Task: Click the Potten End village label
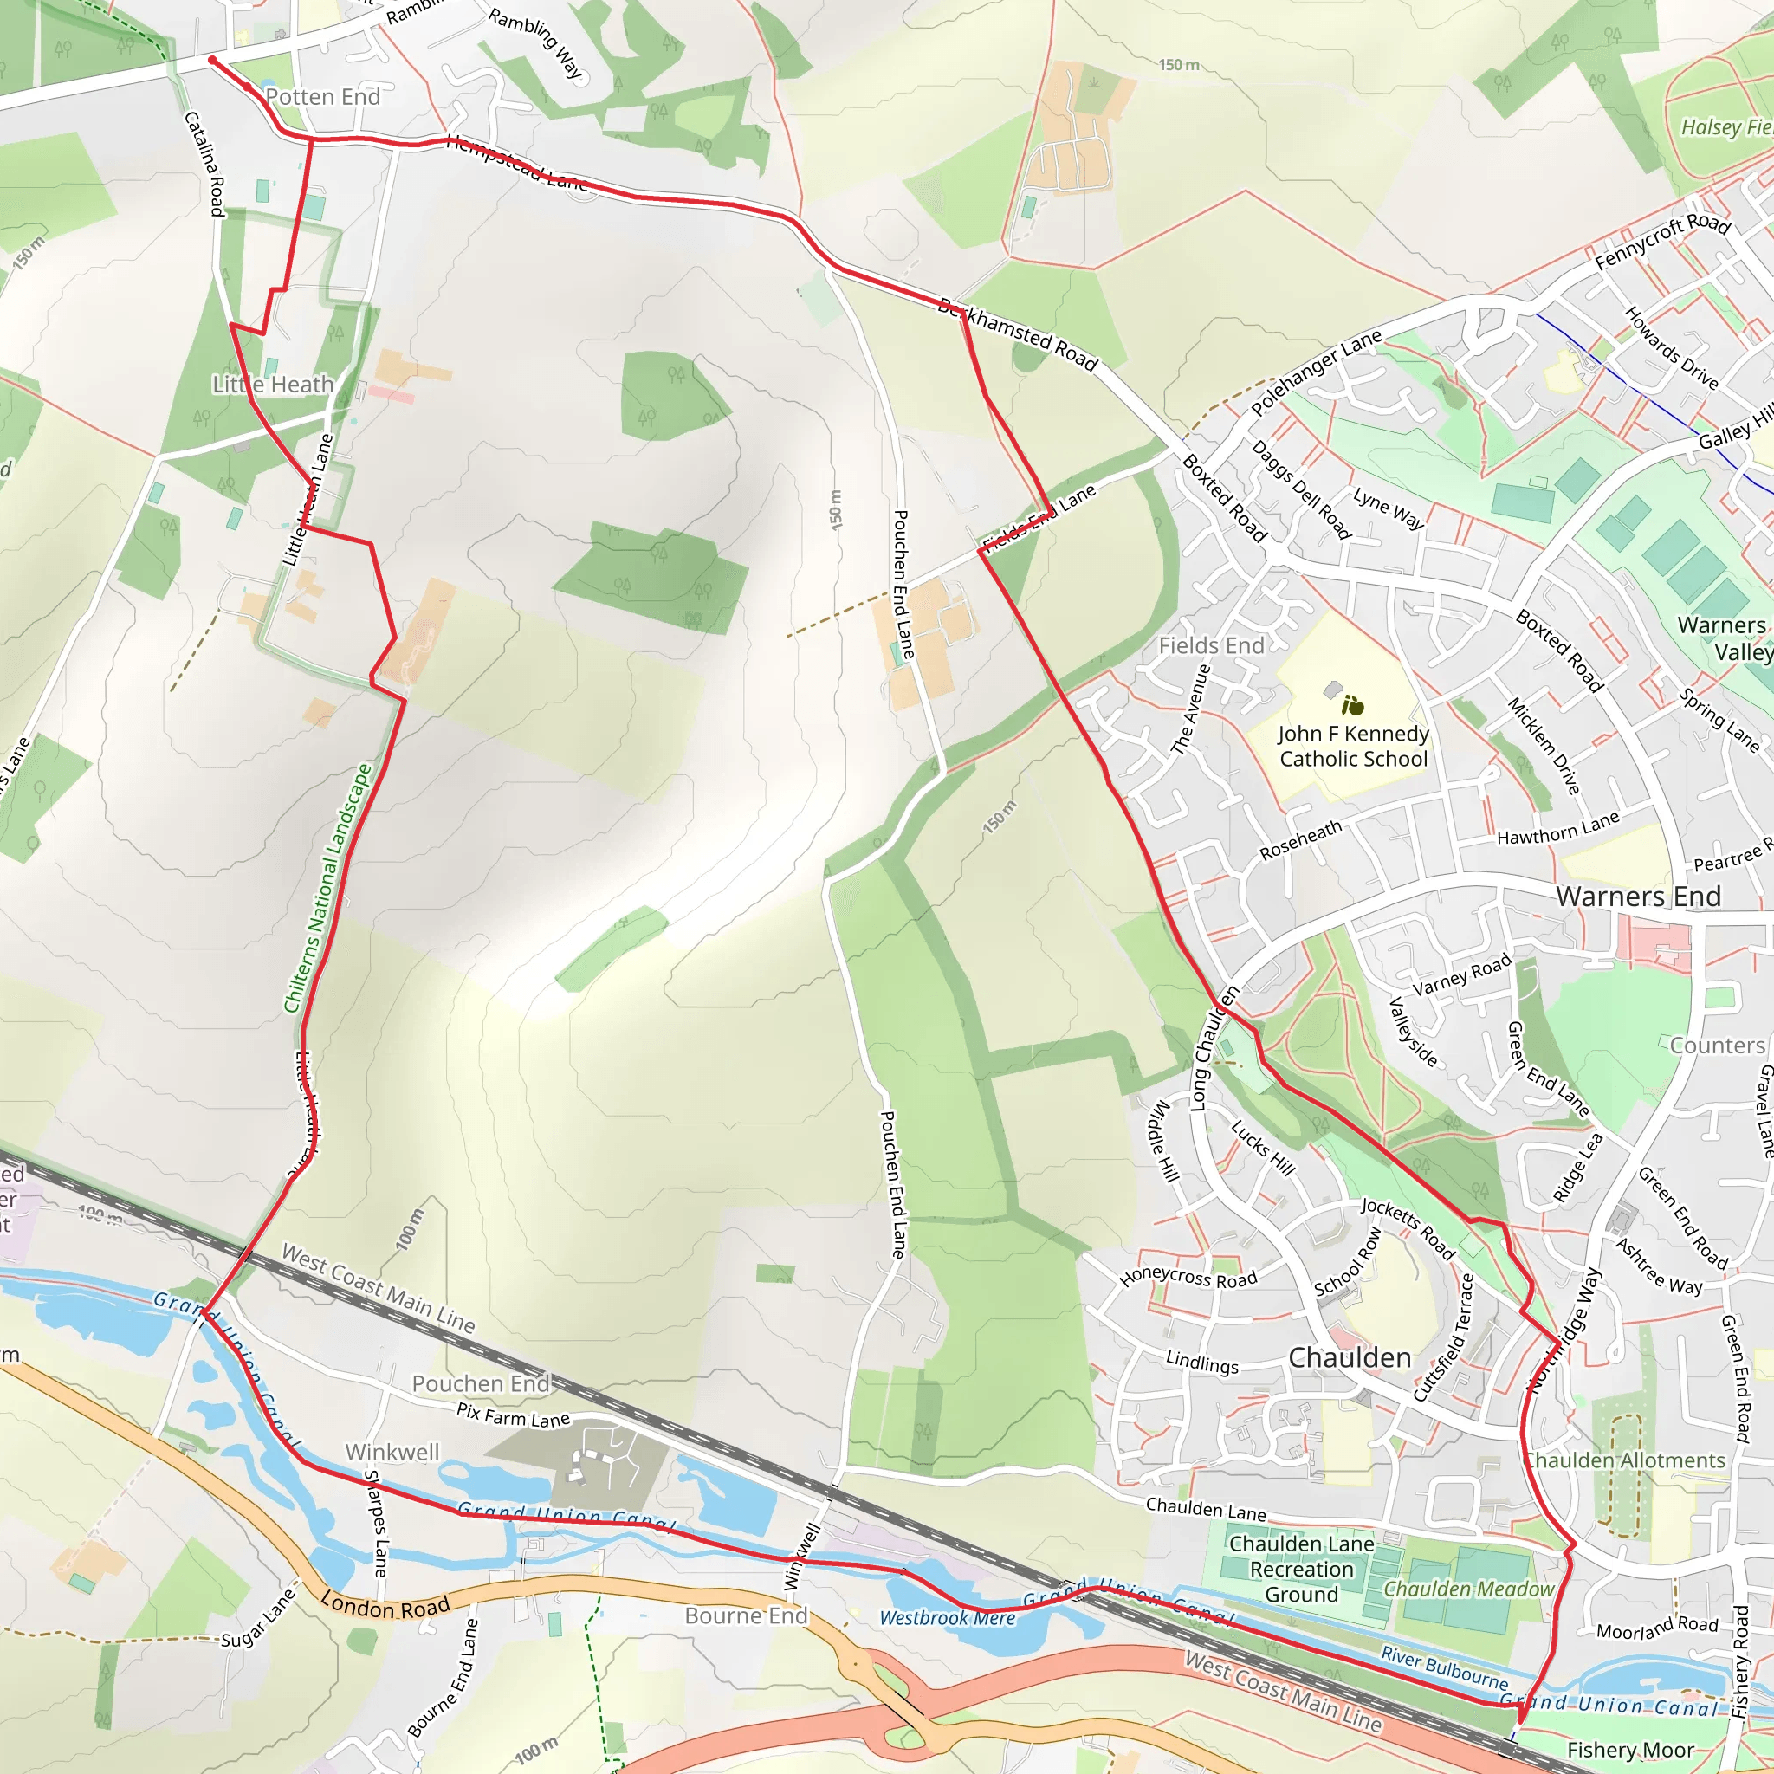click(322, 97)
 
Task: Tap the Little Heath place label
click(273, 385)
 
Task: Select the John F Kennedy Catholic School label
click(1354, 746)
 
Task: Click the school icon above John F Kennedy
click(1351, 705)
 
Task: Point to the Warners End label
click(1638, 897)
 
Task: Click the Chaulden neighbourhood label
click(1349, 1357)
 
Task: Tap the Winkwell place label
click(392, 1452)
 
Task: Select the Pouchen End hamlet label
click(480, 1382)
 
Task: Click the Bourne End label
click(746, 1615)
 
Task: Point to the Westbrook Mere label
click(947, 1618)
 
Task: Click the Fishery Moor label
click(1630, 1750)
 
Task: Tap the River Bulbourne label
click(1444, 1667)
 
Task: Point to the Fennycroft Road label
click(1662, 242)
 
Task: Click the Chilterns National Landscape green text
click(327, 888)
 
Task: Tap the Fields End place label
click(1211, 645)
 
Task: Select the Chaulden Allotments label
click(1624, 1460)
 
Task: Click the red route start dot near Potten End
click(212, 60)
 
